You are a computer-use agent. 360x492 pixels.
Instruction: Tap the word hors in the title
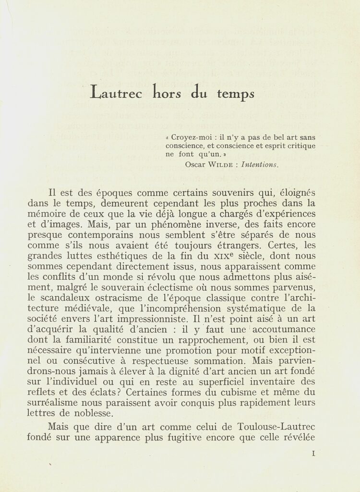tap(166, 92)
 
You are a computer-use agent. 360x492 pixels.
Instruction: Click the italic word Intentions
tap(260, 164)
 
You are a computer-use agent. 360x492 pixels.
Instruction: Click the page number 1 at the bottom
tap(313, 453)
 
